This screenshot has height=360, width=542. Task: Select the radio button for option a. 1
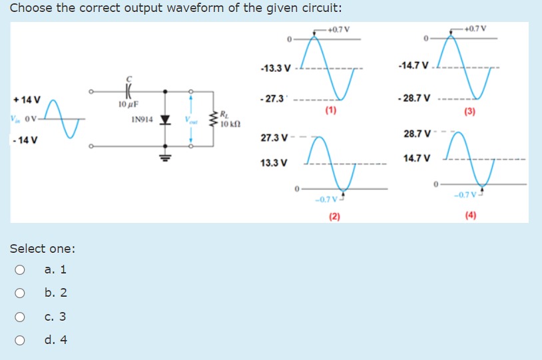[21, 270]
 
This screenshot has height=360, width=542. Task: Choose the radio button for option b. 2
[21, 293]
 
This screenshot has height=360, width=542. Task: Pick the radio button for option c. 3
[21, 317]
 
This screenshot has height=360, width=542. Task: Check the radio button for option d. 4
[21, 340]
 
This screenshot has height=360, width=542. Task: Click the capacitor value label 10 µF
[127, 105]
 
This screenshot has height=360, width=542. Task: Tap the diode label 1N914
[142, 120]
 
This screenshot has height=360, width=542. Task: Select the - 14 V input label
[24, 140]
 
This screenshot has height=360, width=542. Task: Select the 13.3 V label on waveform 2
[274, 162]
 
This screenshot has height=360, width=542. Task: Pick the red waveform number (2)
[334, 216]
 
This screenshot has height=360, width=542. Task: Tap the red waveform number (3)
[471, 111]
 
